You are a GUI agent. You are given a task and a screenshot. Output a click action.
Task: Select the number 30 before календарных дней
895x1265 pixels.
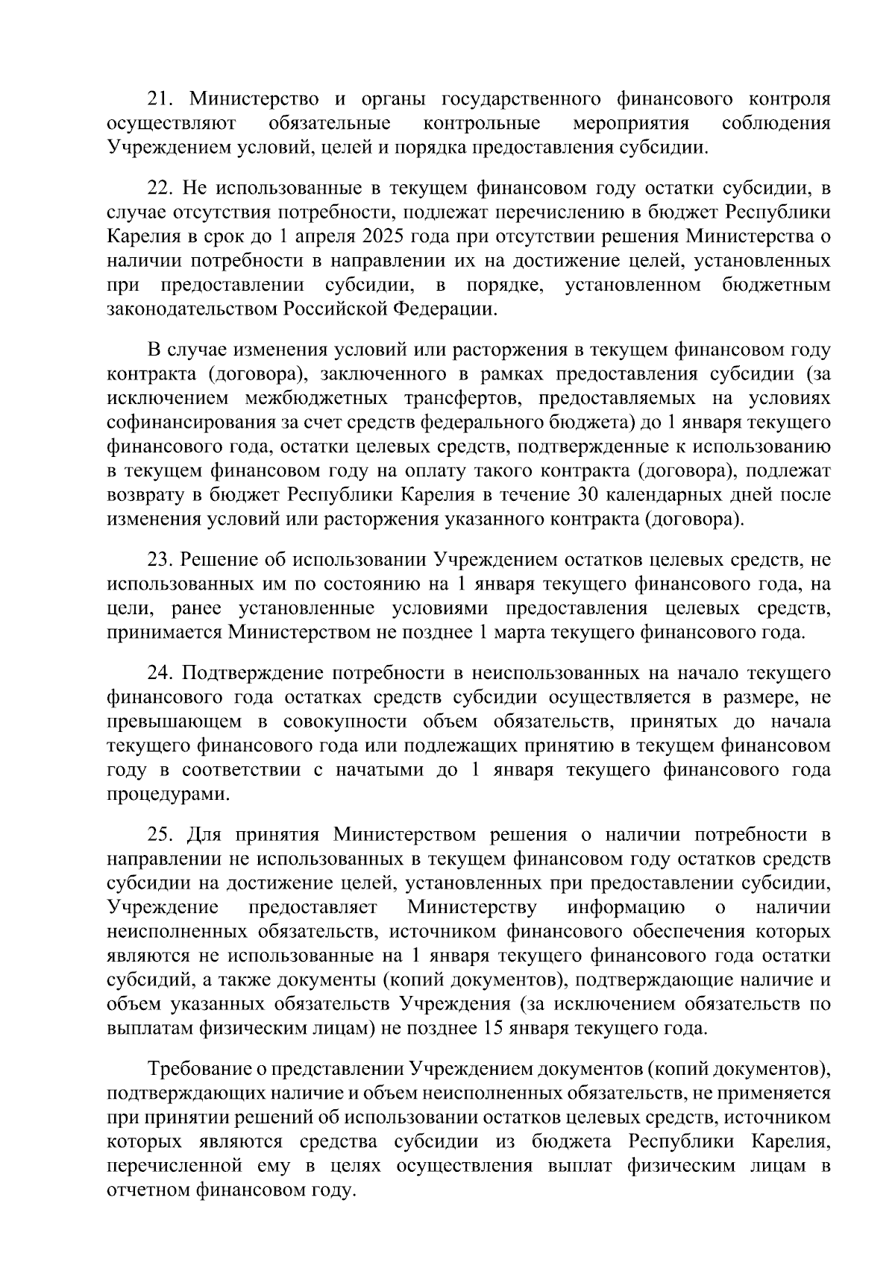click(x=588, y=495)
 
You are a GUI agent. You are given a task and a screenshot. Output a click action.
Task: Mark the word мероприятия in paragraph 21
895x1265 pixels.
click(x=631, y=123)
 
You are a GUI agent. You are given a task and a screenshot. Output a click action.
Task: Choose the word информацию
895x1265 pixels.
click(x=626, y=907)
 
